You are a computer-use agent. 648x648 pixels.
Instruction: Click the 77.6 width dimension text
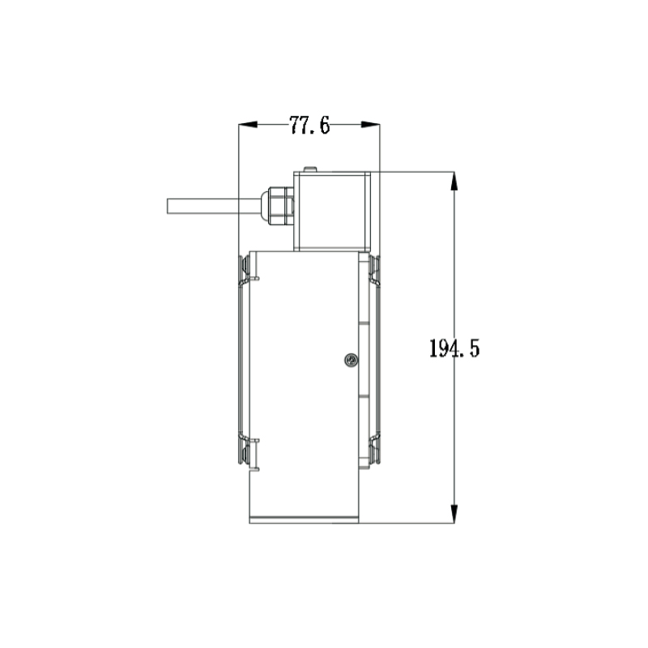click(309, 126)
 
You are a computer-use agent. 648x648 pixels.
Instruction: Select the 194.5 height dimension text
click(454, 349)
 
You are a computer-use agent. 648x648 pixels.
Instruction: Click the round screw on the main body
click(350, 360)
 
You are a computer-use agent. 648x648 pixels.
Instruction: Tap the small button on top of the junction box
click(309, 168)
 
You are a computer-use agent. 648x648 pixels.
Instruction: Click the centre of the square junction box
click(332, 210)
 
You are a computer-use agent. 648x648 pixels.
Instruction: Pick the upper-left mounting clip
click(245, 271)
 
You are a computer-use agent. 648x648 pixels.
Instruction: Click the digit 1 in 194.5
click(433, 349)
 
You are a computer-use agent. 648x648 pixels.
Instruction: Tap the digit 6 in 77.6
click(324, 126)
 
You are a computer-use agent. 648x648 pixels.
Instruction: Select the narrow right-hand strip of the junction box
click(369, 210)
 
